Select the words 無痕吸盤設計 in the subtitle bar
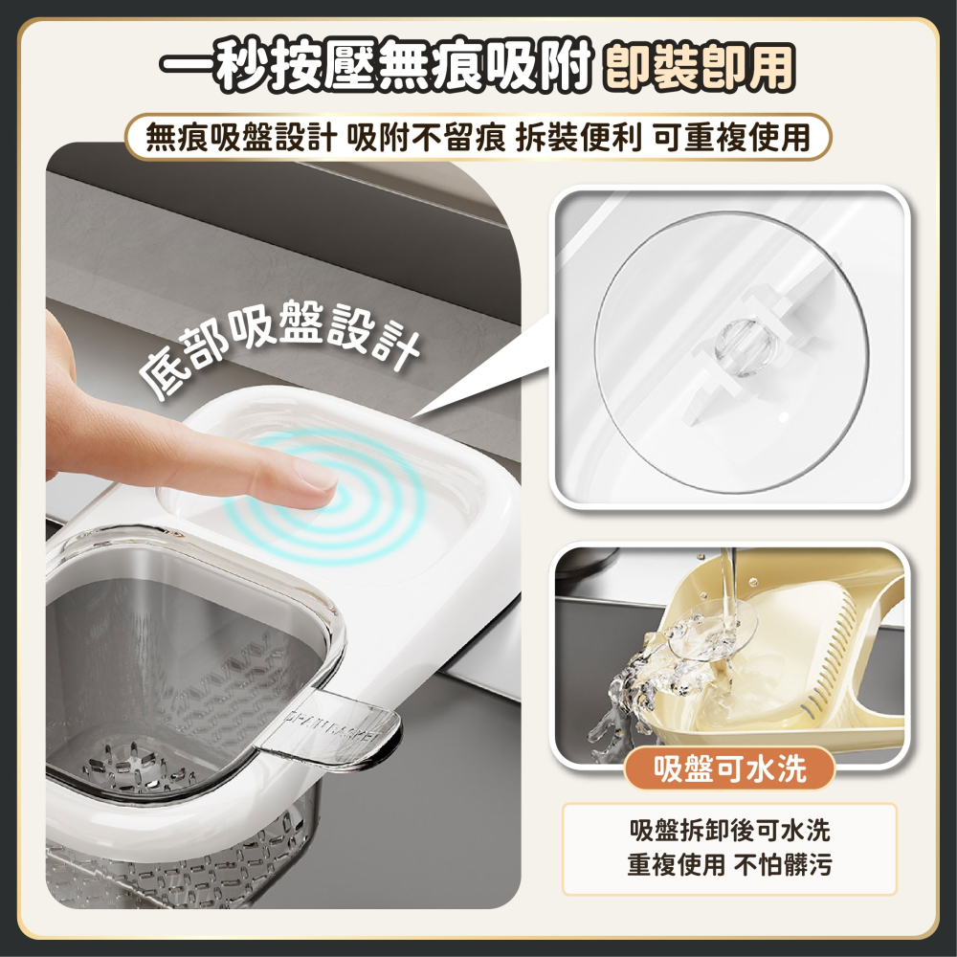pyautogui.click(x=240, y=138)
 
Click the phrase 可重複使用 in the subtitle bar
pyautogui.click(x=732, y=138)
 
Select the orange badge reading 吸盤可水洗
pyautogui.click(x=729, y=768)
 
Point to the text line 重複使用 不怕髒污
pyautogui.click(x=729, y=866)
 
